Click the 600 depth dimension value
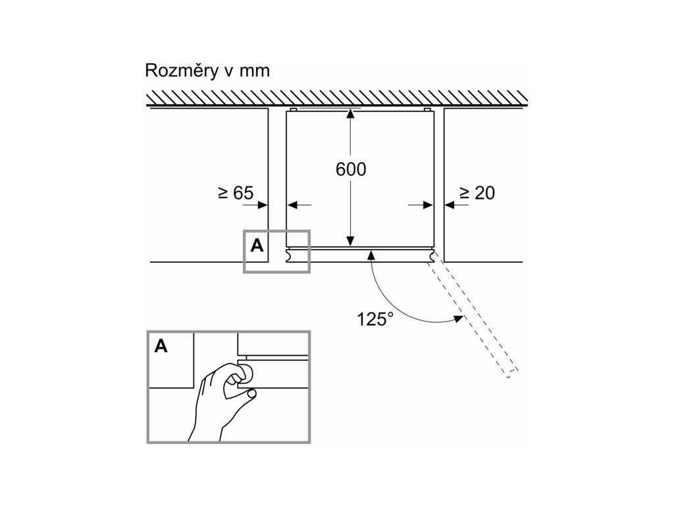click(x=350, y=169)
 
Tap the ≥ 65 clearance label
click(x=236, y=193)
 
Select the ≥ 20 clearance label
click(x=477, y=193)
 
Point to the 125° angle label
click(x=375, y=320)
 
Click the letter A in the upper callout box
click(x=257, y=246)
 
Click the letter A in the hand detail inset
click(x=161, y=346)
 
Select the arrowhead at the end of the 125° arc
click(x=455, y=320)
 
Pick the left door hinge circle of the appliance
click(x=288, y=255)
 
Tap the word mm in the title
click(x=255, y=71)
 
